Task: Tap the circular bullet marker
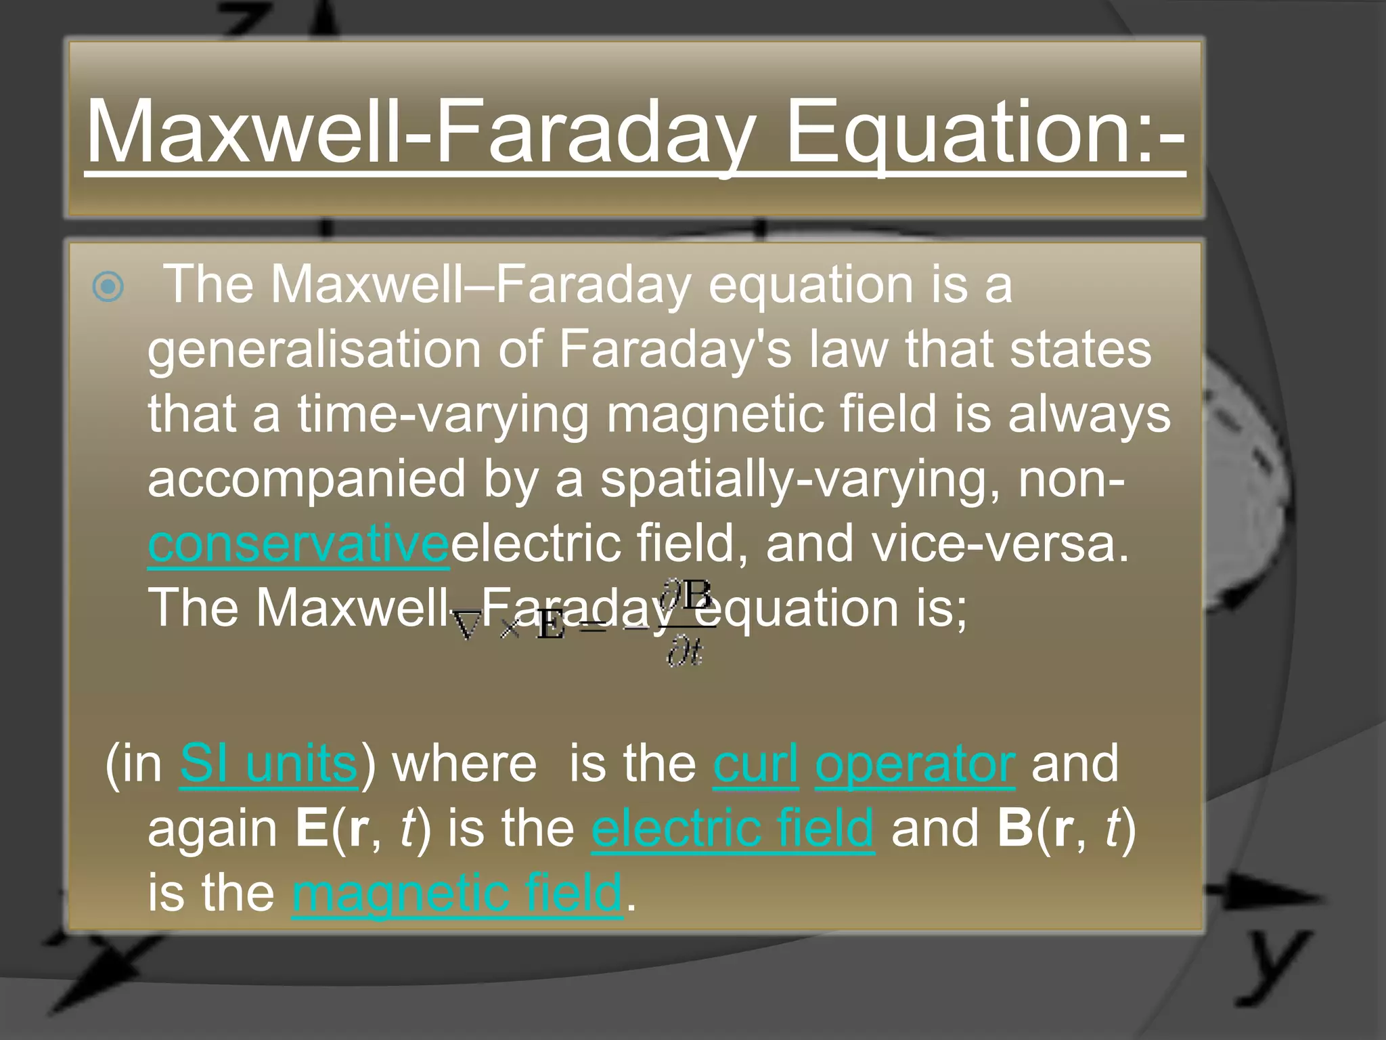pos(108,286)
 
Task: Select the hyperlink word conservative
pos(298,544)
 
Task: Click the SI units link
pos(268,764)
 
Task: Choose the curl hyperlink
pos(755,764)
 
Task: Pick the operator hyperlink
pos(914,764)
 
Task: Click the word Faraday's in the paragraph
pos(674,350)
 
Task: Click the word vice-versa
pos(999,544)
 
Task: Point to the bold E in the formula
pos(550,626)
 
